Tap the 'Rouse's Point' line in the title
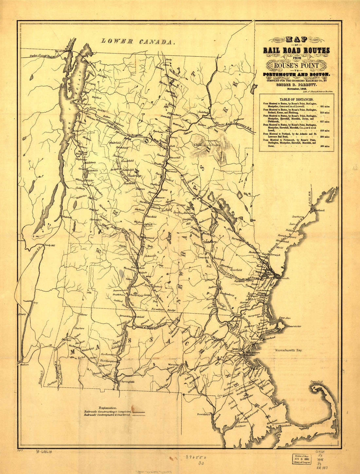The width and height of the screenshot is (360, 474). click(297, 66)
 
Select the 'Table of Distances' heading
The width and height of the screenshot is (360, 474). click(296, 99)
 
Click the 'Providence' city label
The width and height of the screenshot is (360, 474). click(203, 414)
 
